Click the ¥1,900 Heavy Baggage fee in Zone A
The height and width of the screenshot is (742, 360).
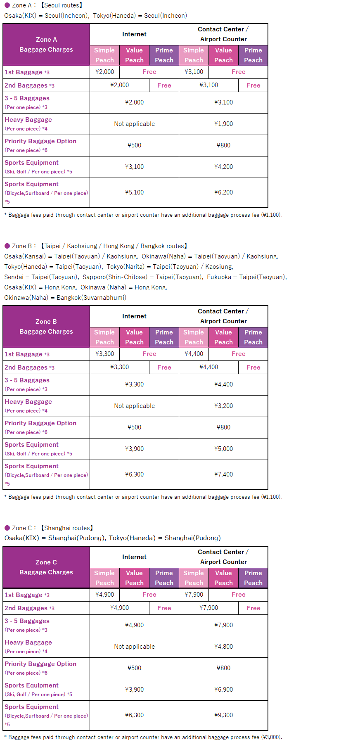(x=223, y=124)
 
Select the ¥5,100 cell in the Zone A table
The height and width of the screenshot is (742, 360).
(x=134, y=192)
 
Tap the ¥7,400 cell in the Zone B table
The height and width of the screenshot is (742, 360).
(x=223, y=474)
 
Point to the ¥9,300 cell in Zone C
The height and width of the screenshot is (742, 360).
(x=223, y=715)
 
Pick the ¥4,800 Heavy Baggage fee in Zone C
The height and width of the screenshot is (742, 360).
(x=223, y=647)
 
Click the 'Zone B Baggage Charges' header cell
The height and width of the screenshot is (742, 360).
(x=46, y=327)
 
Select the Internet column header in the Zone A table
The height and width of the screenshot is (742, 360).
(x=134, y=34)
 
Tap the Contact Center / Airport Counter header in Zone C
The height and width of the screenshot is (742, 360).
(x=223, y=557)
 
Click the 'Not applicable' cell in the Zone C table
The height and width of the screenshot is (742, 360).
(x=134, y=647)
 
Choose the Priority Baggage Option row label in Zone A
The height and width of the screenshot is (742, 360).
(x=40, y=141)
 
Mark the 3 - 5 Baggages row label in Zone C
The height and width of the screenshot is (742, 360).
(x=27, y=621)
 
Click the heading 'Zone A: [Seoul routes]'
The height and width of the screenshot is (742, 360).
(x=44, y=5)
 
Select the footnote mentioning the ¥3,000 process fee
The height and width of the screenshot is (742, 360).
(x=143, y=737)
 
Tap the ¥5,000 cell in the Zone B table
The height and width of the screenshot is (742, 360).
(x=223, y=449)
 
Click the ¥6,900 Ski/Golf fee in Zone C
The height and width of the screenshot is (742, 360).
(x=223, y=690)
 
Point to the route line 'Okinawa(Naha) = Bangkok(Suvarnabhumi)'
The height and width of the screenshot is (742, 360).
(x=65, y=298)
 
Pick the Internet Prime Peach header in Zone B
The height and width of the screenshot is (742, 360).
(x=164, y=337)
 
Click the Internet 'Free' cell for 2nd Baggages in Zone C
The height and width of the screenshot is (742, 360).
(x=164, y=608)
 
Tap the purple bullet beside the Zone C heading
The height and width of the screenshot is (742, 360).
(x=7, y=528)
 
